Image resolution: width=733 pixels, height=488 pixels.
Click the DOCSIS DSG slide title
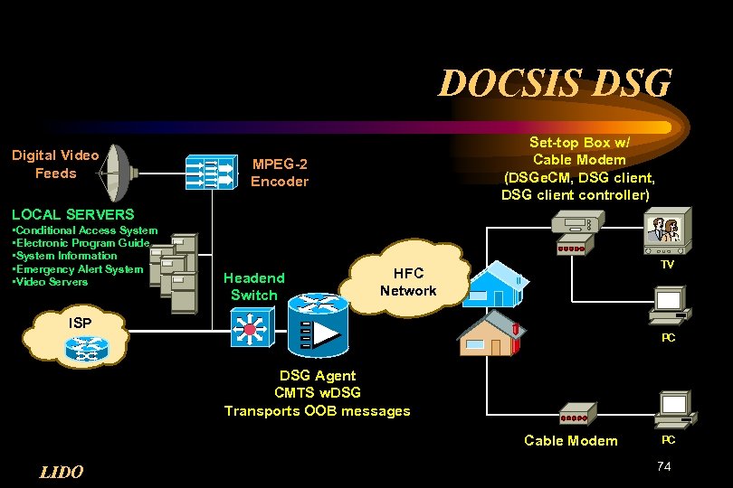tap(555, 83)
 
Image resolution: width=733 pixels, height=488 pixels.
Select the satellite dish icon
tap(116, 173)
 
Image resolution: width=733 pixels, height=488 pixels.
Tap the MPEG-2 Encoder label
tap(280, 173)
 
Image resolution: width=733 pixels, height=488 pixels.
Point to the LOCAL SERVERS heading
tap(72, 214)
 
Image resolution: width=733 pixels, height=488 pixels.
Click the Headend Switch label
tap(253, 286)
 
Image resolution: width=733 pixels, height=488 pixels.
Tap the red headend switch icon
tap(249, 326)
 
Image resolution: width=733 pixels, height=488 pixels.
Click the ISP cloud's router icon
tap(88, 348)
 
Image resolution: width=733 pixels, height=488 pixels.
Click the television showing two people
tap(667, 231)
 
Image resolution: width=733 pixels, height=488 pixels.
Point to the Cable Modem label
tap(571, 440)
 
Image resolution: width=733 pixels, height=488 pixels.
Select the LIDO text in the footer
tap(62, 472)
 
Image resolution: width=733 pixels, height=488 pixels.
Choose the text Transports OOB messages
tap(317, 411)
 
